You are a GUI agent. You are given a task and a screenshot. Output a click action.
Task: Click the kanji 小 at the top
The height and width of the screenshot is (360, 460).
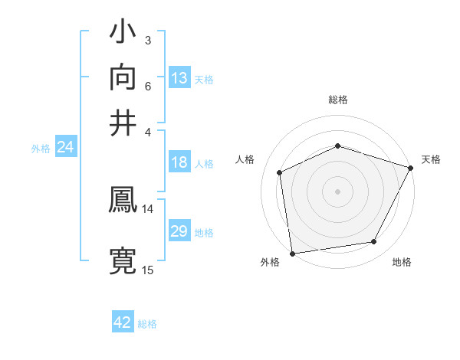coord(123,34)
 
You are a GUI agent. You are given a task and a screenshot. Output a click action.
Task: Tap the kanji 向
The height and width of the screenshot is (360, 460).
coord(123,78)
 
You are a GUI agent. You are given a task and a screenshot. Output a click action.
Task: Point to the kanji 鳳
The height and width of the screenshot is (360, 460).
coord(123,201)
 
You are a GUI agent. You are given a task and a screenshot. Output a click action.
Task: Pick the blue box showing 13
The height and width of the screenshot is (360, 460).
coord(179,78)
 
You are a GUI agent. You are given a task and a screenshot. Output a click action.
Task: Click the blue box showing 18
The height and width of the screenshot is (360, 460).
coord(179,162)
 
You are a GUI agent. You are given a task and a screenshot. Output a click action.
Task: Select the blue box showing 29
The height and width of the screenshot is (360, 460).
coord(179,231)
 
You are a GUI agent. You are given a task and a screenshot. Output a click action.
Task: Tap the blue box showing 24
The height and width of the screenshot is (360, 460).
coord(65,148)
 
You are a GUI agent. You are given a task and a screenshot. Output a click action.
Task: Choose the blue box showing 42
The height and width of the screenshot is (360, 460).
coord(123,322)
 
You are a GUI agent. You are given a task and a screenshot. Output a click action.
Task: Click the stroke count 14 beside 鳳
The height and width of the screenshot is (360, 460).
coord(148,208)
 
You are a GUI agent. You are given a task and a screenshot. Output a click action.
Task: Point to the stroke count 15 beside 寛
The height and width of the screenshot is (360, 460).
coord(148,270)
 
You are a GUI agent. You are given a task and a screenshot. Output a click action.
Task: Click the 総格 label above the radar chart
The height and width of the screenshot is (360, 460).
coord(338,100)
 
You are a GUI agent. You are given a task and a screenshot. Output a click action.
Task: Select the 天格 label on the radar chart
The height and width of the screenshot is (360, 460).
coord(431,159)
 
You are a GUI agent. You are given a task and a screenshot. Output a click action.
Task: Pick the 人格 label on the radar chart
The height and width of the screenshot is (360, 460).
coord(245,159)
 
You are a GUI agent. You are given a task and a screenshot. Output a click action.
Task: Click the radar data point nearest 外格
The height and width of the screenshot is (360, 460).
coord(292,253)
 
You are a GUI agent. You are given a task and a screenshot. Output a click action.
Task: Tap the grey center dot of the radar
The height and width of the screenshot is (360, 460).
coord(338,191)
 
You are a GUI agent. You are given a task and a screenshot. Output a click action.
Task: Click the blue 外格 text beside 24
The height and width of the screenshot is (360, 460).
coord(40,149)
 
